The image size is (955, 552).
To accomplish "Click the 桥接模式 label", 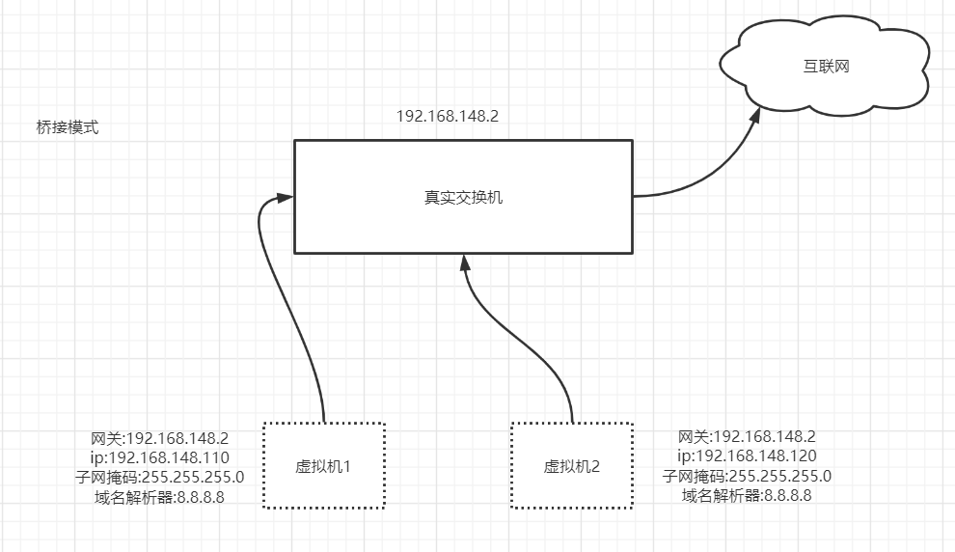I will coord(68,127).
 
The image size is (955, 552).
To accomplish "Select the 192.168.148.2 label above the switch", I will coord(448,116).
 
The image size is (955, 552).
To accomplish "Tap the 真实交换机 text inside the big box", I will coord(463,198).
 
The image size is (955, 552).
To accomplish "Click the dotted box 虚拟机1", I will coord(324,466).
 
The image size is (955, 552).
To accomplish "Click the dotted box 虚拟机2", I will coord(572,466).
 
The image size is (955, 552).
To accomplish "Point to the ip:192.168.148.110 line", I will coord(158,457).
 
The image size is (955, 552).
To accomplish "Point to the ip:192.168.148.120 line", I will coord(747,456).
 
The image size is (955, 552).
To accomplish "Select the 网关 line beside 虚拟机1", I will coord(158,437).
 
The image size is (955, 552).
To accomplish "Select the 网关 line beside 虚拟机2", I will coord(747,436).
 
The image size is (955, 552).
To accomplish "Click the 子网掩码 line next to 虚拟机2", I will coord(747,476).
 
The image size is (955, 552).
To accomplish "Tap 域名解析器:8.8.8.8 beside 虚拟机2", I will coord(747,496).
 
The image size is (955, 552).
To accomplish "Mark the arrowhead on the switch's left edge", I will coord(285,198).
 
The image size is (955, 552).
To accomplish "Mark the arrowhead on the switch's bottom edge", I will coord(464,262).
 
